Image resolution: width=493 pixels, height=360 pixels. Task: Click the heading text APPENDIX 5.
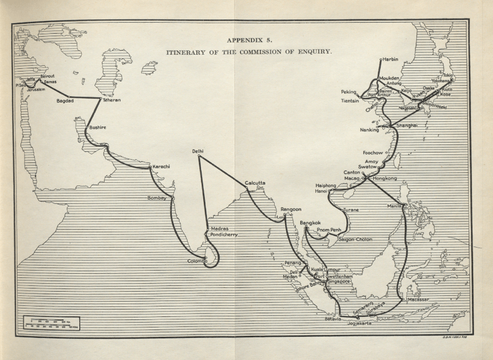pyautogui.click(x=249, y=41)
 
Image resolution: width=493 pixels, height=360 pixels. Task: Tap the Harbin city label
pyautogui.click(x=390, y=59)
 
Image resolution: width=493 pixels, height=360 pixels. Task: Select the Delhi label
pyautogui.click(x=198, y=151)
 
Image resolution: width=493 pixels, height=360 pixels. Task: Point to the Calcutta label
pyautogui.click(x=255, y=183)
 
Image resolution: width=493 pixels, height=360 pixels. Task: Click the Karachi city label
pyautogui.click(x=161, y=167)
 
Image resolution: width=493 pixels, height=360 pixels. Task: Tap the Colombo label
pyautogui.click(x=197, y=261)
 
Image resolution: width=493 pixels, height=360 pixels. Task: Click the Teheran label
pyautogui.click(x=112, y=100)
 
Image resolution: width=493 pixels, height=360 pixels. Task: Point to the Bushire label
pyautogui.click(x=98, y=127)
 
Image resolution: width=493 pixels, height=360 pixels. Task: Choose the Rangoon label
pyautogui.click(x=291, y=209)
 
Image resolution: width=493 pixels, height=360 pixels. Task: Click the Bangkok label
pyautogui.click(x=310, y=223)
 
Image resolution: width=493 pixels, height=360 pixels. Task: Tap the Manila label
pyautogui.click(x=395, y=206)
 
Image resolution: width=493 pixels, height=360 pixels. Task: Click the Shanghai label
pyautogui.click(x=407, y=126)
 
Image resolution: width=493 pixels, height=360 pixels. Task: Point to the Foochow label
pyautogui.click(x=373, y=153)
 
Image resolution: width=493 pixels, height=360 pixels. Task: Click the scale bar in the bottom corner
pyautogui.click(x=51, y=322)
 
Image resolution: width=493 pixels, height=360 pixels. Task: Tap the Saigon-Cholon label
pyautogui.click(x=354, y=239)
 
